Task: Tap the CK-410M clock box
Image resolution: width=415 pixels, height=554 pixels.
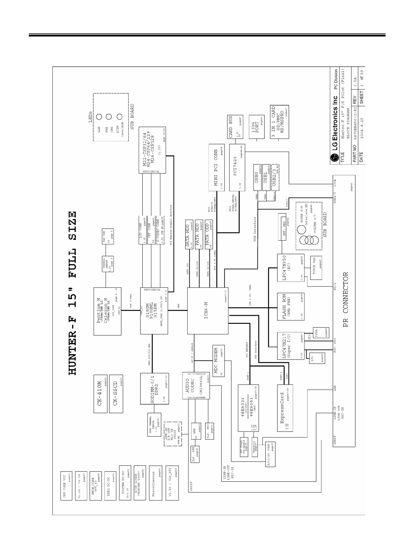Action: (x=100, y=393)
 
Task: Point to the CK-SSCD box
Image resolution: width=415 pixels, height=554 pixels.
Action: (x=116, y=393)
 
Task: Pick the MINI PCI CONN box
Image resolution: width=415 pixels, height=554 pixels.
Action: (x=217, y=167)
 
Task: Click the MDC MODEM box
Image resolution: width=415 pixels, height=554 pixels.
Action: (x=218, y=361)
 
